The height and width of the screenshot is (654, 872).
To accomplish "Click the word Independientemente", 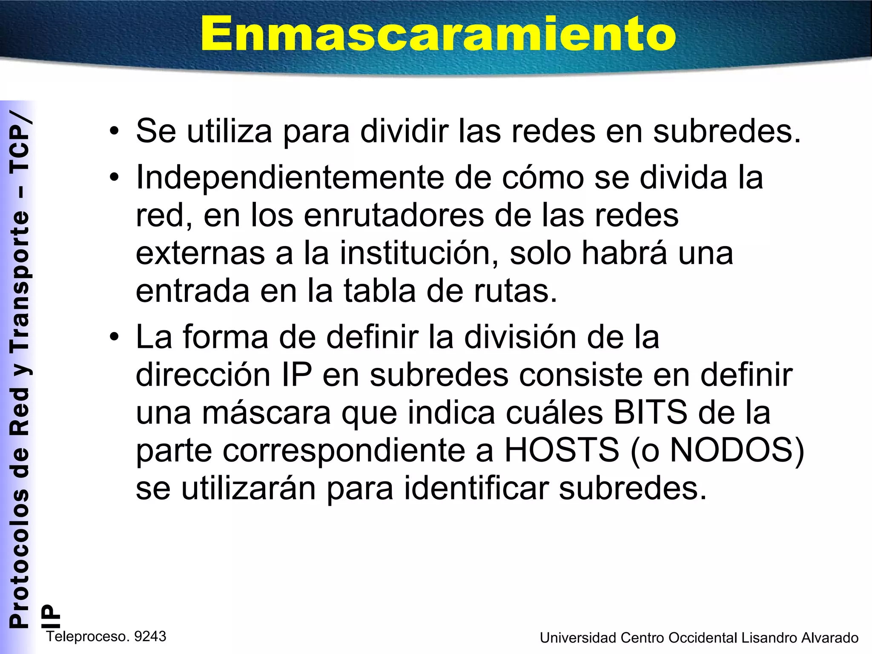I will [290, 178].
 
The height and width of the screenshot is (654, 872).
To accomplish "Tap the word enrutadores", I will [394, 215].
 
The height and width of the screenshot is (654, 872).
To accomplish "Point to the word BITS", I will [650, 413].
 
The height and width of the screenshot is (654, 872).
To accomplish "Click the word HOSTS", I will [562, 450].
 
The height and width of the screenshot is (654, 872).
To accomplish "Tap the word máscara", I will [266, 413].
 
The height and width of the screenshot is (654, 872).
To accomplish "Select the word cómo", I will [543, 178].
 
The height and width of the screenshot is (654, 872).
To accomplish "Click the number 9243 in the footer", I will [150, 637].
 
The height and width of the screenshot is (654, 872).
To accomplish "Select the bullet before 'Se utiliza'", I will [114, 131].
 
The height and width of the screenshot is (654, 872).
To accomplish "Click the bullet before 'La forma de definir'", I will [114, 337].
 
